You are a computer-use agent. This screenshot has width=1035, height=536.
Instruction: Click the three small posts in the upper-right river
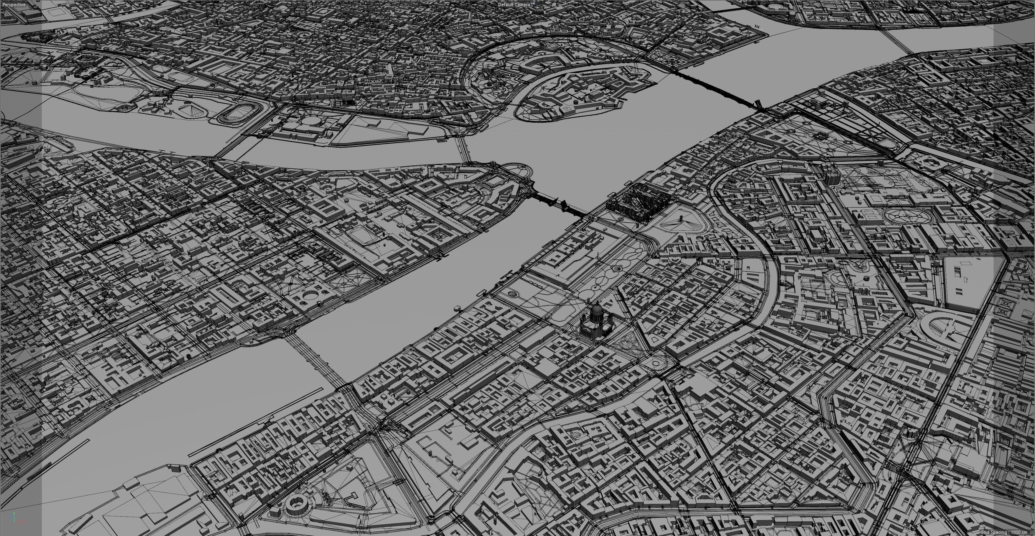pyautogui.click(x=757, y=26)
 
